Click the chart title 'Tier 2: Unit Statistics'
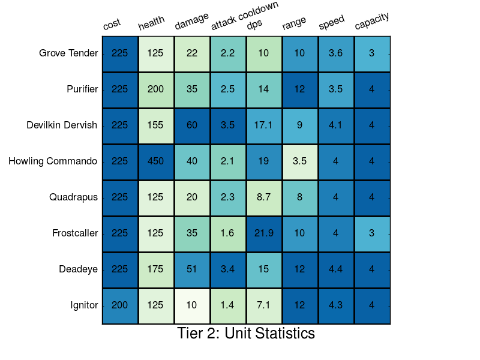point(246,334)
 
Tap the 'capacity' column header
point(372,21)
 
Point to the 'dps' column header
point(254,25)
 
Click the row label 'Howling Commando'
point(53,161)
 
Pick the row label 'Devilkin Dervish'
point(62,125)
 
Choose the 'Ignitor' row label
point(84,305)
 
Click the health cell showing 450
point(156,161)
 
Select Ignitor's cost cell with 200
point(120,305)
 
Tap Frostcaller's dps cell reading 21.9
point(264,233)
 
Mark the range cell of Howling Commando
point(300,161)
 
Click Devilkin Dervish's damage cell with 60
point(192,125)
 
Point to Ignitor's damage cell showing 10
point(192,305)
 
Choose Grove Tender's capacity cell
point(372,53)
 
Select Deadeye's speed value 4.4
point(336,269)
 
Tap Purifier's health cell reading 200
point(156,89)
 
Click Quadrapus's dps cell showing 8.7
point(264,197)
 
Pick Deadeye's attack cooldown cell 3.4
point(228,269)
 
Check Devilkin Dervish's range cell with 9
point(300,125)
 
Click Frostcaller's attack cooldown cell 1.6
point(228,233)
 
